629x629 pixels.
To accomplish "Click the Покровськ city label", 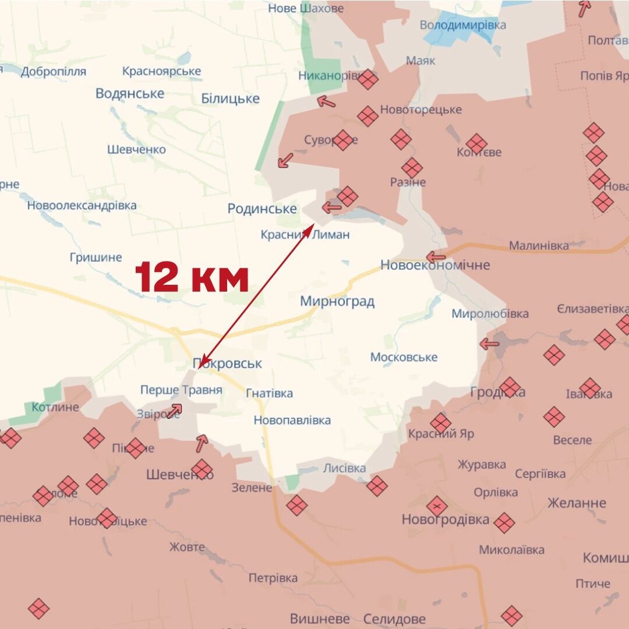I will (x=228, y=363).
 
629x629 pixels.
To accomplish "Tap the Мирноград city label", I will (x=337, y=301).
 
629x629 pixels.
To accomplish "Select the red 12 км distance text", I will (x=192, y=278).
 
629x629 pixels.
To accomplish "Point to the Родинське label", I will (x=262, y=209).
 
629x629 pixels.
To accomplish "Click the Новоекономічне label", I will (x=435, y=265).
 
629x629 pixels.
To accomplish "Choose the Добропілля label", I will (x=54, y=72).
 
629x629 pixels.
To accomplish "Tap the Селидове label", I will (x=394, y=619).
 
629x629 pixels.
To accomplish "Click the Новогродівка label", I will (x=446, y=520).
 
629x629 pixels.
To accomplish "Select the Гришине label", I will (x=96, y=257).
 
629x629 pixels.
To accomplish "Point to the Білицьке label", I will (x=230, y=98).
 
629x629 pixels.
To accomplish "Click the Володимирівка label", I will (x=463, y=25).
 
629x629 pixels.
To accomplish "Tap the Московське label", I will (x=404, y=357).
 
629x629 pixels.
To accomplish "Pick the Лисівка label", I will (x=344, y=468).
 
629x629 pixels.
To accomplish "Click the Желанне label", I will (x=577, y=503).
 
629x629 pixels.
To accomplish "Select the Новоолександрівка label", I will (x=82, y=205).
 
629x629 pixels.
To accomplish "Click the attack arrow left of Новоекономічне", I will (x=436, y=256).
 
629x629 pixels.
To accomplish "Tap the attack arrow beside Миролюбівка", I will (x=489, y=344).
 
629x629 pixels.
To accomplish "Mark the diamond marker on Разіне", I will (x=412, y=168).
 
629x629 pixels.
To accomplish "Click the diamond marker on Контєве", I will (x=476, y=143).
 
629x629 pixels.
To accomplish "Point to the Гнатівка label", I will (x=269, y=393).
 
